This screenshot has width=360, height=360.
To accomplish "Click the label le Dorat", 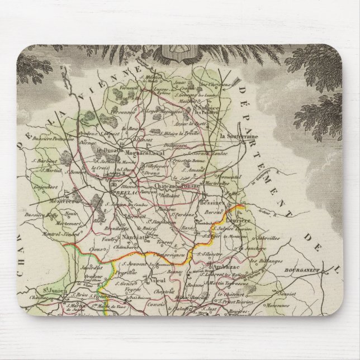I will pyautogui.click(x=103, y=151).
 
